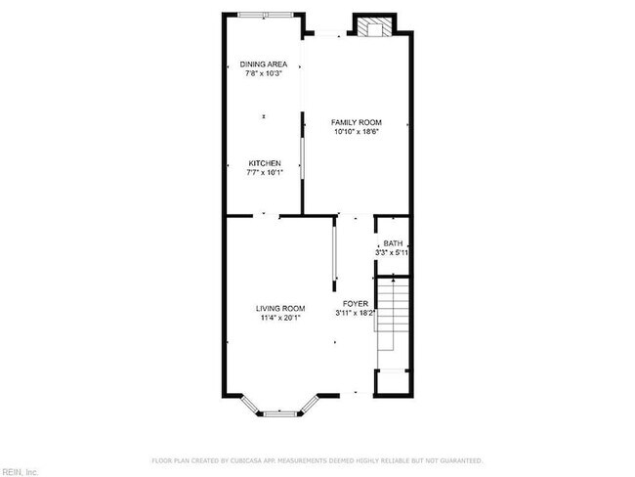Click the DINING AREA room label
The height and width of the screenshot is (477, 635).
point(263,65)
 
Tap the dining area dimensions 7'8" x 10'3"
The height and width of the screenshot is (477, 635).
point(263,74)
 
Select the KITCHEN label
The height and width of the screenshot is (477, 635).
point(264,163)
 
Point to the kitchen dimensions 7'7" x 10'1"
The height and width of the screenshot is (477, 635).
point(264,173)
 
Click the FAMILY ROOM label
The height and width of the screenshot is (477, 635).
point(356,122)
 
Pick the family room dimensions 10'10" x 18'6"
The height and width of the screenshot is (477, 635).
point(356,132)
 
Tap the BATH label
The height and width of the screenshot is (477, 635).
point(393,243)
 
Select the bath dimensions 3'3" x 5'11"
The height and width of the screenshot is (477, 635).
point(392,252)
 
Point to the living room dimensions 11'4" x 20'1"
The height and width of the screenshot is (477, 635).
point(280,319)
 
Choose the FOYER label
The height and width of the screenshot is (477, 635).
point(355,304)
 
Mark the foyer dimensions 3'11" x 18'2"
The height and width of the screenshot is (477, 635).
point(356,314)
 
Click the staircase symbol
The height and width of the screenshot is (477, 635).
point(391,319)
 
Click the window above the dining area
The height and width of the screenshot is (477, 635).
point(264,14)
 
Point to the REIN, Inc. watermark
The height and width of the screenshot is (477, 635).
point(20,472)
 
